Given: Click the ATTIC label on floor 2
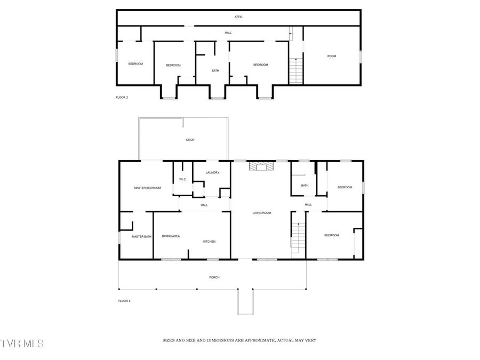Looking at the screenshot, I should (x=238, y=17).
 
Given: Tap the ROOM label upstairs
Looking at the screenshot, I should (x=332, y=56).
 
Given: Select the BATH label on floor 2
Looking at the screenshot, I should (x=215, y=70).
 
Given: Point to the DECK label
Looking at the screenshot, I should (x=190, y=140).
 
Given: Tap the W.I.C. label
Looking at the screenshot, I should (x=182, y=179).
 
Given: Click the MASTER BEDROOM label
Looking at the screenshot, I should (x=147, y=188).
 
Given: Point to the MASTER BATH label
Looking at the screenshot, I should (x=142, y=237).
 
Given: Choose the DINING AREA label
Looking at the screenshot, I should (x=171, y=236).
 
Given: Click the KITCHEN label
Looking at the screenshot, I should (x=209, y=242).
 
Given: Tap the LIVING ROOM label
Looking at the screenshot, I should (x=262, y=213).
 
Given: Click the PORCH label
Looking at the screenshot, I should (x=214, y=277).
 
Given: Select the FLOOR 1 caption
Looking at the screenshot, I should (x=124, y=301).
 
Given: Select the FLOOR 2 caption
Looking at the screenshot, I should (x=122, y=98).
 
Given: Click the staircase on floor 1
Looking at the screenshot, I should (x=298, y=238).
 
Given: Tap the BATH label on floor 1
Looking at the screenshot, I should (x=305, y=186).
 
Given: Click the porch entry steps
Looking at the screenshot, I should (x=245, y=302).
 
